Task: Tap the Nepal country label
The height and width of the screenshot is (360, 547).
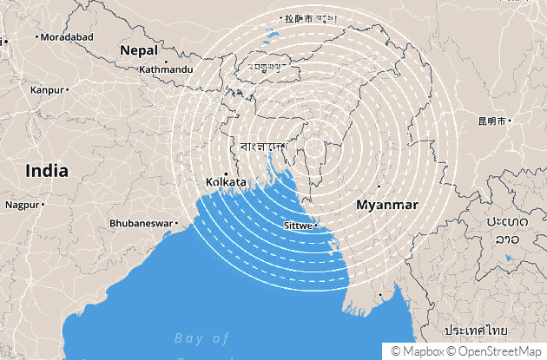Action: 139,49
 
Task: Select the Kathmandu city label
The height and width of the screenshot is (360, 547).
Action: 166,69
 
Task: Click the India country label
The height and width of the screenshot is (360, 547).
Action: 46,170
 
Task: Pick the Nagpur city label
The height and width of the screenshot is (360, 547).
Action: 22,206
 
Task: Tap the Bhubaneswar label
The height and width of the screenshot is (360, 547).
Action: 142,223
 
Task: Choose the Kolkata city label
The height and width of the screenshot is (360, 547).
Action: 225,182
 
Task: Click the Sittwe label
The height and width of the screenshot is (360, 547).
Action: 298,226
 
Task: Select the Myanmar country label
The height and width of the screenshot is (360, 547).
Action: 387,205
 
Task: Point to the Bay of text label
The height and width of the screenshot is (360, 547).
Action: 201,337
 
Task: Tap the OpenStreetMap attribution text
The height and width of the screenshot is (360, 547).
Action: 498,351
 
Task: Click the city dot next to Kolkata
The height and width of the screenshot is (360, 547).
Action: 226,173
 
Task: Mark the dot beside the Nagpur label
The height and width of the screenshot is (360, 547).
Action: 43,206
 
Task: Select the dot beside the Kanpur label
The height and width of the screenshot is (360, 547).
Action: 68,89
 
